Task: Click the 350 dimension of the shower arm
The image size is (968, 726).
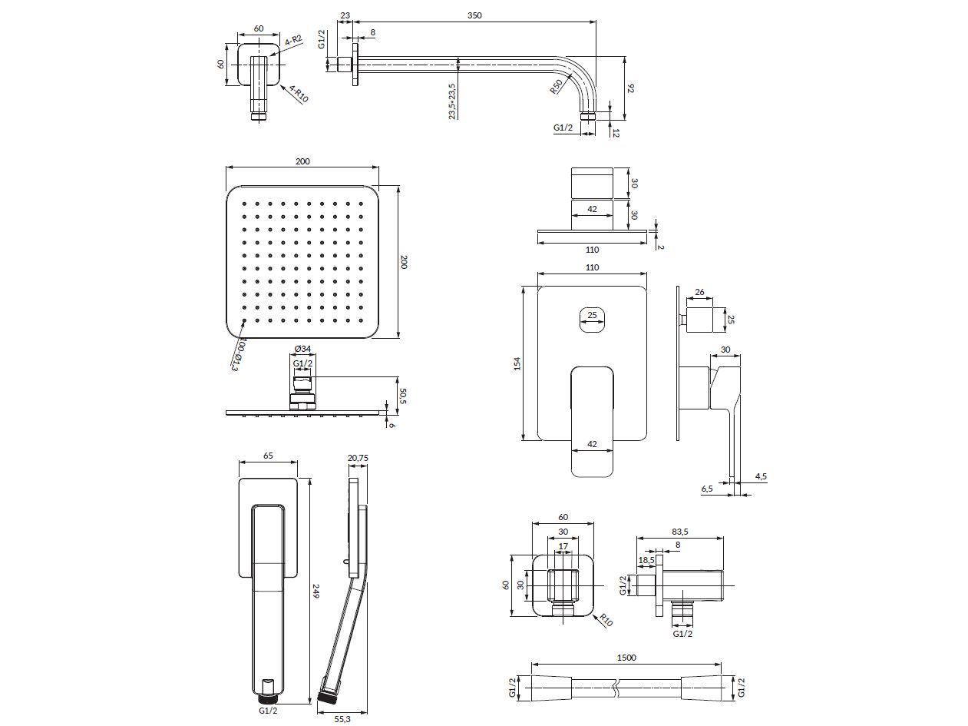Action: click(x=474, y=15)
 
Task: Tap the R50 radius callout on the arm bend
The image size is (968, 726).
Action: click(x=557, y=86)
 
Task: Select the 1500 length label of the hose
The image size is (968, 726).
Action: click(x=626, y=658)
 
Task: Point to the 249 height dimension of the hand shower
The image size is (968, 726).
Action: click(x=316, y=591)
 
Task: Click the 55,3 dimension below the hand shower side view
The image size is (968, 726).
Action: click(x=342, y=719)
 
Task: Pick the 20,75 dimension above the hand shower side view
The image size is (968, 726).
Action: click(x=358, y=458)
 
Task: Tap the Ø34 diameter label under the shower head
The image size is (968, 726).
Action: click(x=302, y=349)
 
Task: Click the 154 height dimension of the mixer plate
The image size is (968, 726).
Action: click(x=517, y=363)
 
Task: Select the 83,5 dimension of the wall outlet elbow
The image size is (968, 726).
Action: click(x=679, y=532)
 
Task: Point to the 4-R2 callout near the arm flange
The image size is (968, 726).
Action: click(x=292, y=41)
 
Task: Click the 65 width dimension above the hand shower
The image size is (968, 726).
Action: click(x=268, y=456)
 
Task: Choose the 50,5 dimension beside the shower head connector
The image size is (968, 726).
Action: click(x=402, y=396)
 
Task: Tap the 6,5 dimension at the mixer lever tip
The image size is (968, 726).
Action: click(x=707, y=489)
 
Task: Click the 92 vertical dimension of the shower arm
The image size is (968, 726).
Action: click(x=631, y=88)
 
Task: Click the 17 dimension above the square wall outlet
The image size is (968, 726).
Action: click(x=563, y=546)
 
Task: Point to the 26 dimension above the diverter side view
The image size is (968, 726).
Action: click(x=699, y=292)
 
